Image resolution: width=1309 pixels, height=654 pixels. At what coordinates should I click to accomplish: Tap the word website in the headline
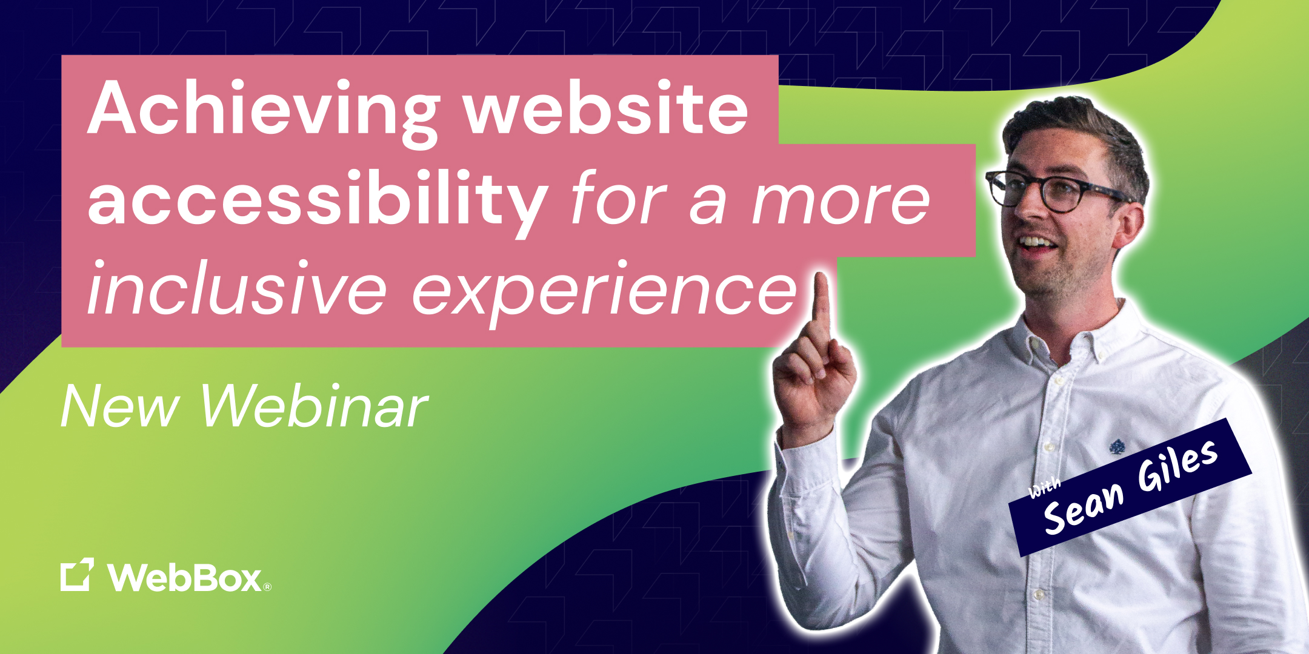pos(606,109)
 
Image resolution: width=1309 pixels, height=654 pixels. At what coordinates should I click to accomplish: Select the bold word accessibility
pos(318,200)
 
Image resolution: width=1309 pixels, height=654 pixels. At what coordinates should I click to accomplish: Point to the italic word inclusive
pos(236,288)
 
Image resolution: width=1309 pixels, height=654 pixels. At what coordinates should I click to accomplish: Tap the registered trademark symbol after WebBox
pos(267,586)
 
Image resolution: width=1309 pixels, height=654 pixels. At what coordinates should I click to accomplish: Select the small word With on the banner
pos(1044,487)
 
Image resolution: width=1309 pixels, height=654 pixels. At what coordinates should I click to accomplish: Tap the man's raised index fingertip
pos(821,282)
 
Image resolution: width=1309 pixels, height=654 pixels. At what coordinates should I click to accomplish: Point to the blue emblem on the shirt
pos(1116,448)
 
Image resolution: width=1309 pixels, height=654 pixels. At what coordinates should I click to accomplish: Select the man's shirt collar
pos(1067,339)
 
